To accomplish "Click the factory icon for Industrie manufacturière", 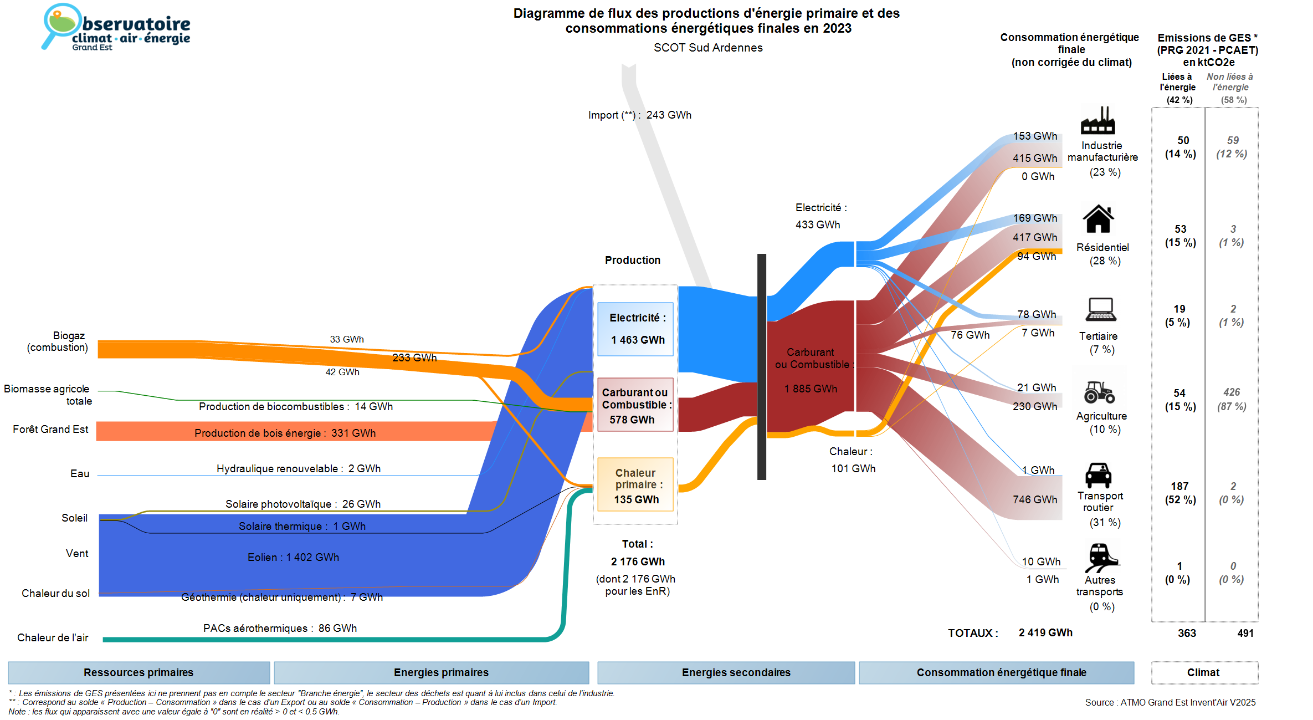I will pos(1097,121).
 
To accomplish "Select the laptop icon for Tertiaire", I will pos(1100,309).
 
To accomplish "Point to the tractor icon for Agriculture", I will pos(1099,392).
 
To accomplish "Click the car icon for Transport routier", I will pos(1098,475).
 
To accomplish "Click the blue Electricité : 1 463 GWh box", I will pos(635,329).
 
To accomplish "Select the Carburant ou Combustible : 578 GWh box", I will pos(635,405).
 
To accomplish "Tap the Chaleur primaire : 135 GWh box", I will pos(635,485).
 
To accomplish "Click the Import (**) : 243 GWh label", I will pos(639,115).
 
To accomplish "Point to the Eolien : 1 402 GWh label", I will pos(293,557).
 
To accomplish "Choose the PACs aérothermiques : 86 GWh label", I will pos(280,628).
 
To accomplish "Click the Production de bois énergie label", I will pos(285,433).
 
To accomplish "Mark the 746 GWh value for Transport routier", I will pos(1035,499).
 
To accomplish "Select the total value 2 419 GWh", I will pos(1045,632).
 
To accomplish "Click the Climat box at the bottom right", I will pos(1203,672).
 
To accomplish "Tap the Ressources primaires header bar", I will pos(139,672).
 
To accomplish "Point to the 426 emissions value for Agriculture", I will pos(1232,392).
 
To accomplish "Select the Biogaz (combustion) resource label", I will pos(58,341).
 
